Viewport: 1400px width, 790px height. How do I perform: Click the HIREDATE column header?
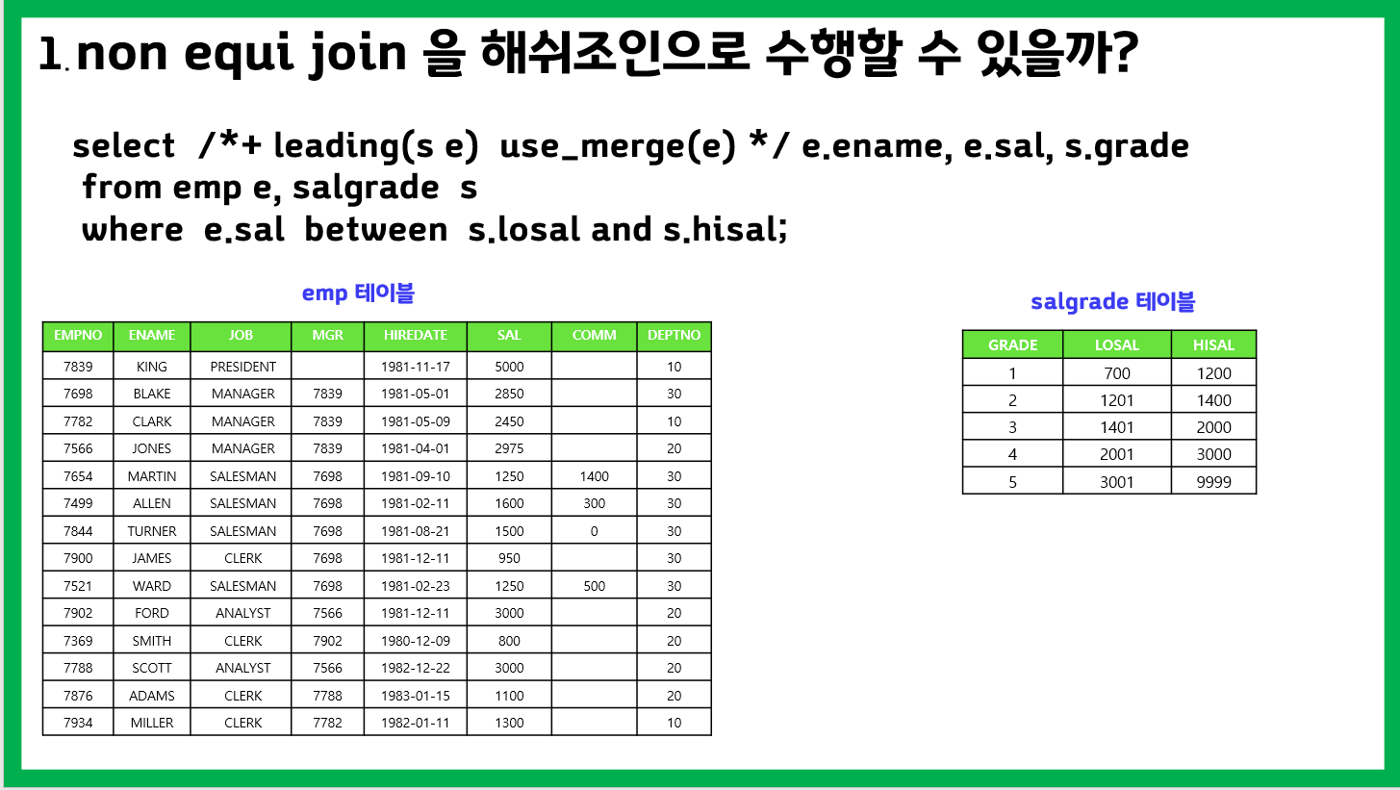click(415, 335)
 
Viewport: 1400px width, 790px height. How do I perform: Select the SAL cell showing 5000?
click(509, 367)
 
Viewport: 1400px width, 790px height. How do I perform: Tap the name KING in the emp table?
click(152, 367)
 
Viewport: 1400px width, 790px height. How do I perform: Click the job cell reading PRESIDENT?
click(243, 367)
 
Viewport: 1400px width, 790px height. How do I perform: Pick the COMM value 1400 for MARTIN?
click(594, 476)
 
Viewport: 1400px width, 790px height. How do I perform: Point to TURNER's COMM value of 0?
click(594, 531)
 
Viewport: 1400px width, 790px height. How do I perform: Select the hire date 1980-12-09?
click(415, 641)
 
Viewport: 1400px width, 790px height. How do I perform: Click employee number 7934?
click(78, 723)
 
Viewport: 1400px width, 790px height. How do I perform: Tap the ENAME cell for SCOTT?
click(152, 668)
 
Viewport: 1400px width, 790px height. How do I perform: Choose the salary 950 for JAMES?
click(509, 558)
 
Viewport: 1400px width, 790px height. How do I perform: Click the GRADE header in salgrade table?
click(1012, 345)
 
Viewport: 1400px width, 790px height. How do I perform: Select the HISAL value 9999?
click(1213, 482)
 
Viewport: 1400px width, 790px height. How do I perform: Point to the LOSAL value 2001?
click(1116, 454)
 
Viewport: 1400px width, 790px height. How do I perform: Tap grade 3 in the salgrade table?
click(1012, 427)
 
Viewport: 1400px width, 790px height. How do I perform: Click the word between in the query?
click(376, 229)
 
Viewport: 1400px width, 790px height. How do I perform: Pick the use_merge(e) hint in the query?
click(618, 146)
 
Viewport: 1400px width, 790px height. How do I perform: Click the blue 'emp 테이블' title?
click(358, 293)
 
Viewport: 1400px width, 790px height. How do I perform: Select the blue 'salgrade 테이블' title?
click(1112, 301)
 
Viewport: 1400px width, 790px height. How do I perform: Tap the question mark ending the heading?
click(1125, 53)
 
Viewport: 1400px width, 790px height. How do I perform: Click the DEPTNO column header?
click(674, 335)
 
